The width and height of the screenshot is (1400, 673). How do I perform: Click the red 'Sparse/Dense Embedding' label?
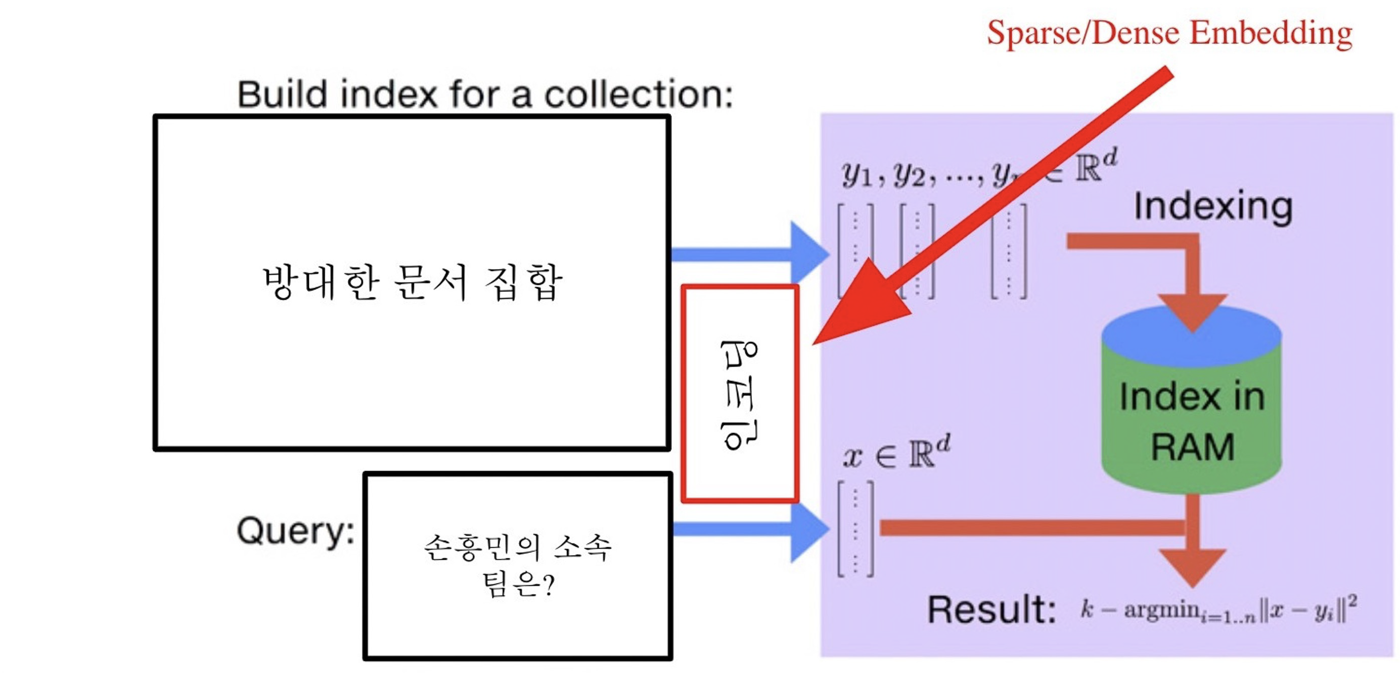click(1169, 34)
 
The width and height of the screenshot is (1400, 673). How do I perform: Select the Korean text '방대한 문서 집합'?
click(412, 282)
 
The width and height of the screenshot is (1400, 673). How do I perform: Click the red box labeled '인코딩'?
click(739, 393)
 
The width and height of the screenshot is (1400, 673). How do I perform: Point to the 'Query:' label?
click(296, 530)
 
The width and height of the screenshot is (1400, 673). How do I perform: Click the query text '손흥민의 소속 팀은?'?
click(517, 565)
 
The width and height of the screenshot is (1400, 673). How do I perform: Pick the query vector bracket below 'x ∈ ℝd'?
click(856, 528)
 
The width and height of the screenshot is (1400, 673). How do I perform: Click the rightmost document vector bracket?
click(1009, 252)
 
